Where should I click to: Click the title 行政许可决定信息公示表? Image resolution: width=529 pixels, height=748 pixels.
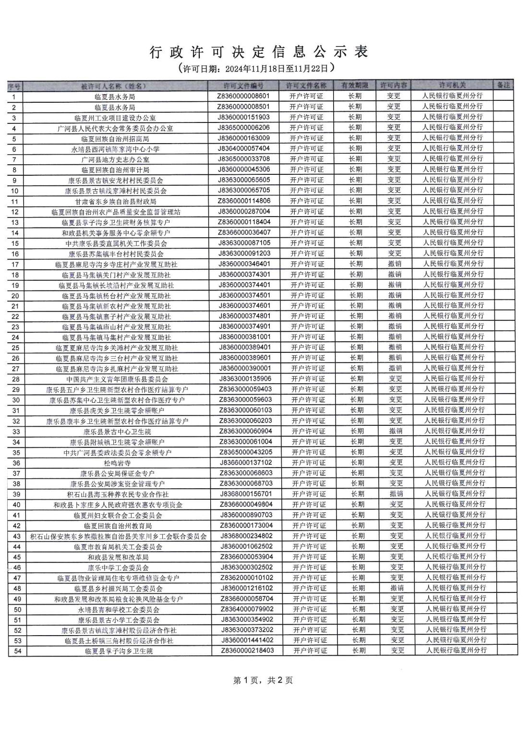(259, 52)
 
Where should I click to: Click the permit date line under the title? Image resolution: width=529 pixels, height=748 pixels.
(259, 68)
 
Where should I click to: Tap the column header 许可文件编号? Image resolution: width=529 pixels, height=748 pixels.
(244, 85)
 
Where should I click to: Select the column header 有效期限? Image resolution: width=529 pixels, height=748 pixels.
(355, 85)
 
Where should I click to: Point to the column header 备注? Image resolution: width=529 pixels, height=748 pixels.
(503, 85)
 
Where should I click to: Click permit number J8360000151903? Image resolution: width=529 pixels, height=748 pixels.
(244, 117)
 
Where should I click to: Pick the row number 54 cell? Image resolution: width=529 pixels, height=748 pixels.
(17, 651)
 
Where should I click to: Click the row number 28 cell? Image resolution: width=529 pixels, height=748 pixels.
(16, 379)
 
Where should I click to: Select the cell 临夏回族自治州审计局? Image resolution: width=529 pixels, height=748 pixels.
(115, 170)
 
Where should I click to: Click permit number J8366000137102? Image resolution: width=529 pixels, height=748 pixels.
(246, 463)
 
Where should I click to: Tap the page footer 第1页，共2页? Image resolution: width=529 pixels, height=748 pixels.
(263, 680)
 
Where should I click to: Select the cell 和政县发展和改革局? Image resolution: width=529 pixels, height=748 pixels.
(118, 557)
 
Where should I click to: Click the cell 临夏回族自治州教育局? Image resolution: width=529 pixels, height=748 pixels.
(118, 526)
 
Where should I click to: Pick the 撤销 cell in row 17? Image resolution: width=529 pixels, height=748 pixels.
(395, 264)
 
